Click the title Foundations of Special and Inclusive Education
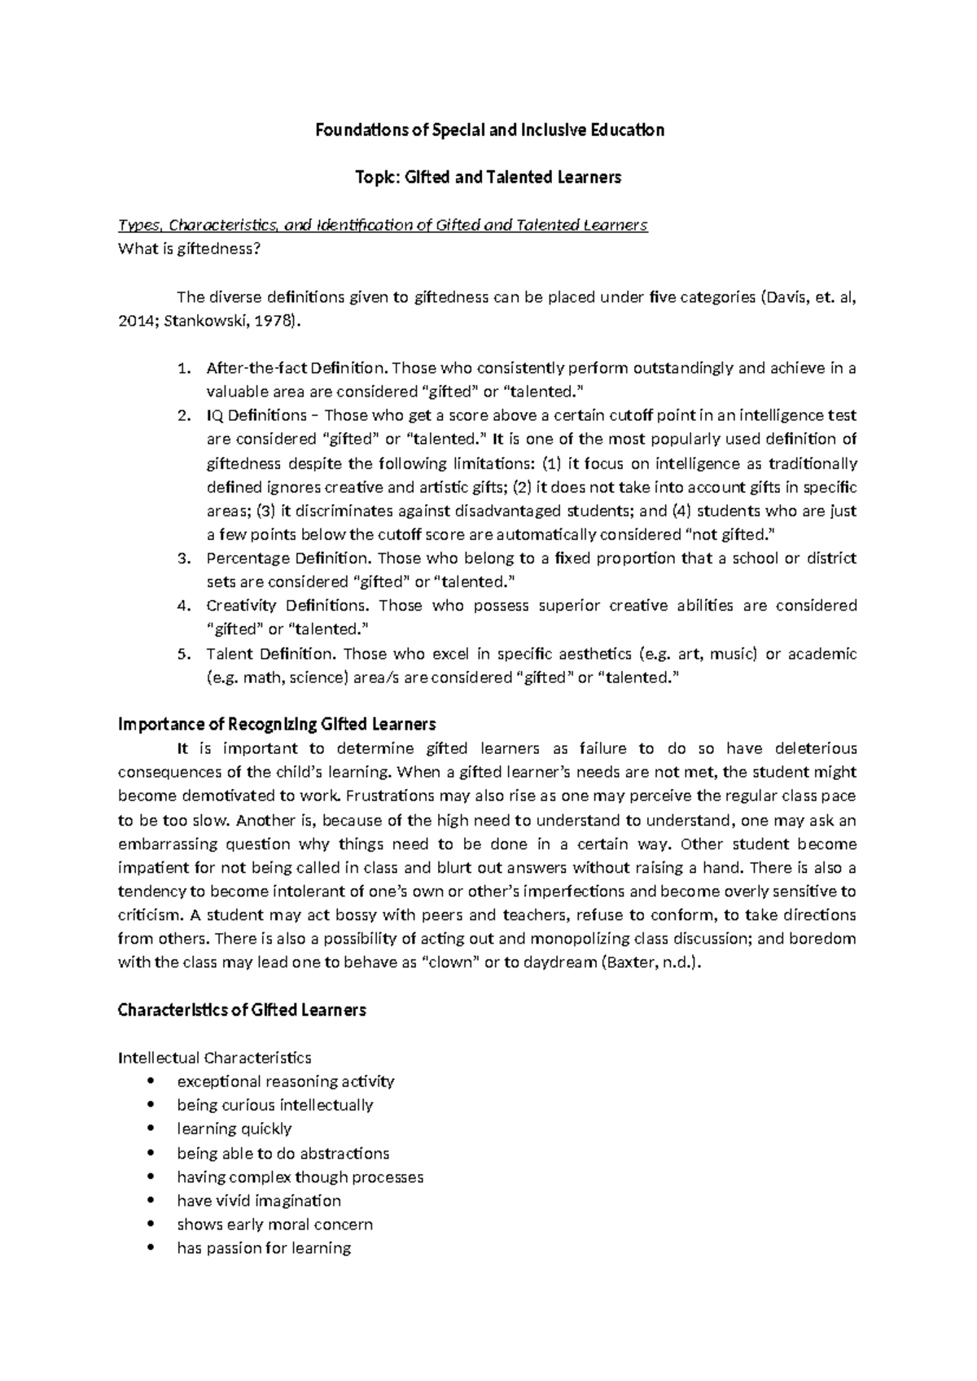[x=489, y=130]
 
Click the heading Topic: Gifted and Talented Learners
[x=488, y=178]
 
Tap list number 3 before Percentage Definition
[x=183, y=559]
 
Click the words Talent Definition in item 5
[x=270, y=654]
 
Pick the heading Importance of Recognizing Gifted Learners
[x=277, y=725]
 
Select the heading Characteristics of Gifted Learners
[x=242, y=1011]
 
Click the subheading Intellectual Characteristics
[x=214, y=1058]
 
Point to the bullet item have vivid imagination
[x=258, y=1201]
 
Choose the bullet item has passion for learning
[x=263, y=1248]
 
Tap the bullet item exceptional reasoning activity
[x=285, y=1081]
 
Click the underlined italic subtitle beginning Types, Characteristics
[x=383, y=226]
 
